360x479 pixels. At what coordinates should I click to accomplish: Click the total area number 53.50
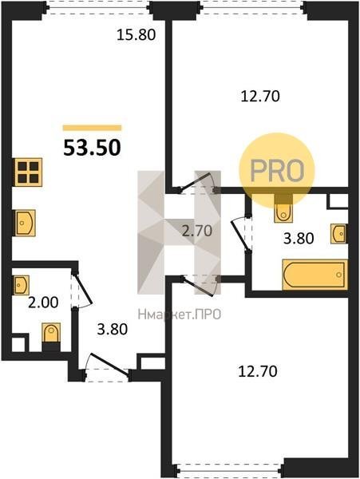click(x=92, y=148)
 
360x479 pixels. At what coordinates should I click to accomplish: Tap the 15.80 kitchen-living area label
click(x=136, y=35)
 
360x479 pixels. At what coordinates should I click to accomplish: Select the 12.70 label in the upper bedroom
click(x=260, y=97)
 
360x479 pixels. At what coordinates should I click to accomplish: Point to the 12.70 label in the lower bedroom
click(x=258, y=372)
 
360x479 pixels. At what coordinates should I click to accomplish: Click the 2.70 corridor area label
click(x=197, y=231)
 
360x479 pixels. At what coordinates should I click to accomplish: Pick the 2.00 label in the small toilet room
click(x=43, y=303)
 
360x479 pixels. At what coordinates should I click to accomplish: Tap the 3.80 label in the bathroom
click(x=299, y=238)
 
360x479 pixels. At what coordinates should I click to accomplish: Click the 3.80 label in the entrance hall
click(x=112, y=329)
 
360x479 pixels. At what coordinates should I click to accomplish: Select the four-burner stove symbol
click(x=27, y=172)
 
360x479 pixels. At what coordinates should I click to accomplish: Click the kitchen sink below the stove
click(x=25, y=223)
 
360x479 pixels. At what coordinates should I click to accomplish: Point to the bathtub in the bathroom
click(x=315, y=275)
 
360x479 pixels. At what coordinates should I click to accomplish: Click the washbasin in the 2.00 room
click(x=21, y=285)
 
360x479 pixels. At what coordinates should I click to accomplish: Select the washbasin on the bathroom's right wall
click(x=339, y=234)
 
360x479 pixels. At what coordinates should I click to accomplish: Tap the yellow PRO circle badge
click(x=277, y=171)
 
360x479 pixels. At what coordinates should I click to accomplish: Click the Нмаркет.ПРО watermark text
click(x=180, y=314)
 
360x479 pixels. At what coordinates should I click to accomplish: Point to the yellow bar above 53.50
click(x=93, y=128)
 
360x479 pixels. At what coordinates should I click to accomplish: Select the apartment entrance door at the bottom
click(x=108, y=368)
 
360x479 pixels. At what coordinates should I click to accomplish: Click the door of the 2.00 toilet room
click(x=81, y=288)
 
